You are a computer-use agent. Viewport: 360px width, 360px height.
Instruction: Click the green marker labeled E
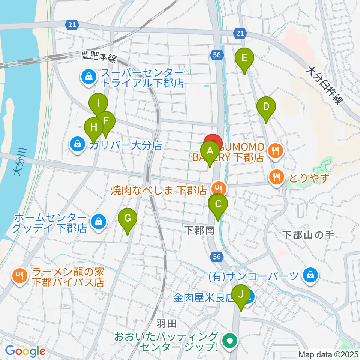(x=244, y=58)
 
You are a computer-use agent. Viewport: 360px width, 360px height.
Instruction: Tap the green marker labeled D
(x=266, y=106)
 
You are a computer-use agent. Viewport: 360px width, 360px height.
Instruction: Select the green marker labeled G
(x=127, y=218)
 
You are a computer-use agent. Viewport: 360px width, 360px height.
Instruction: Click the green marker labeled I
(x=98, y=103)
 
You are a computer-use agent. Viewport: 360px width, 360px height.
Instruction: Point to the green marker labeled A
(x=210, y=151)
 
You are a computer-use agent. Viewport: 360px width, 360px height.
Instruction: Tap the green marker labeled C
(x=218, y=204)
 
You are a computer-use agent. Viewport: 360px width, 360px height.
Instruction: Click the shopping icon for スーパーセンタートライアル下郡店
(x=88, y=77)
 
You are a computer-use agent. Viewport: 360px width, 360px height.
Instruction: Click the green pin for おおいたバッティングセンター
(x=229, y=340)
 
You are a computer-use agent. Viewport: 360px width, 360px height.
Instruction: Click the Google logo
(x=25, y=351)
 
